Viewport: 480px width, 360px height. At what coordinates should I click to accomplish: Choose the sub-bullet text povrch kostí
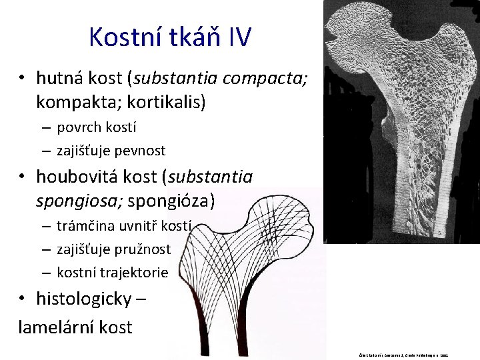pyautogui.click(x=96, y=127)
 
